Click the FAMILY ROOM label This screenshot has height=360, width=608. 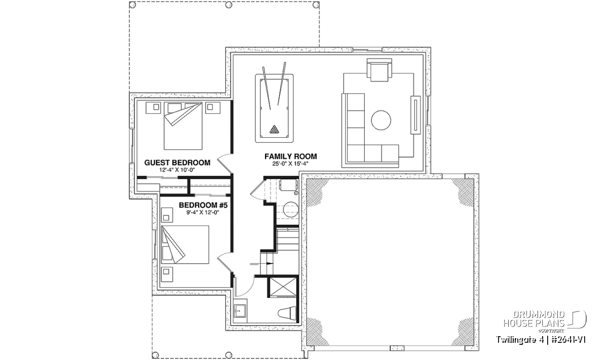click(290, 156)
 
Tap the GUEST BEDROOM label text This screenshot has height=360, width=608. click(177, 163)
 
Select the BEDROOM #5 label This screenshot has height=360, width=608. click(203, 206)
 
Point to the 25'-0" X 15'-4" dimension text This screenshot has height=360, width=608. click(290, 164)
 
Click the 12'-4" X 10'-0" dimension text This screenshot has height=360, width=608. click(177, 170)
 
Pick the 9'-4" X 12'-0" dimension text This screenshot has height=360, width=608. click(203, 213)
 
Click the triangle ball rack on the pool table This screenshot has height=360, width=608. click(274, 130)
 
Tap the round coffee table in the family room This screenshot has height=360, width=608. click(381, 120)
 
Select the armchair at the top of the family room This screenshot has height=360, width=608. click(379, 70)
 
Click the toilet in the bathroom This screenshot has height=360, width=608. click(287, 313)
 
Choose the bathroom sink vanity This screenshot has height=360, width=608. click(240, 311)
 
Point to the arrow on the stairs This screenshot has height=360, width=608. click(261, 263)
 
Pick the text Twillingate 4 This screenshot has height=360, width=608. click(520, 340)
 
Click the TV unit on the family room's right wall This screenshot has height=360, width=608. click(415, 115)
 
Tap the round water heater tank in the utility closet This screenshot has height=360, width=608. click(291, 209)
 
